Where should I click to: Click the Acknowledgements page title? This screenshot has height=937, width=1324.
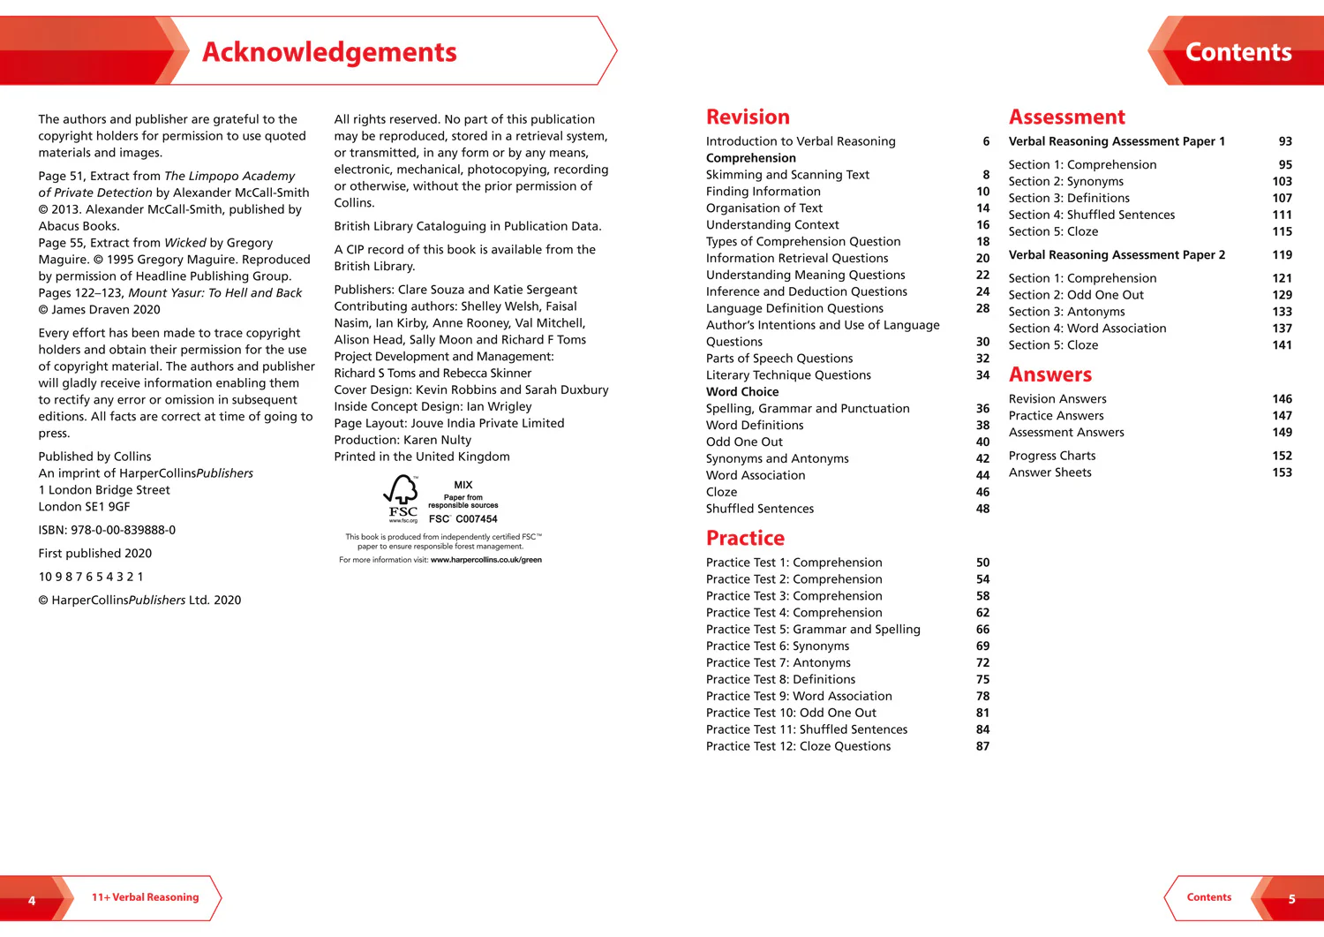329,52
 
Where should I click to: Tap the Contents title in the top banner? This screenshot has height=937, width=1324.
1237,52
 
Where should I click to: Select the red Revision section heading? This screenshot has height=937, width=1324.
748,117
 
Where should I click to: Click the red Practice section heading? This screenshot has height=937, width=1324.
745,539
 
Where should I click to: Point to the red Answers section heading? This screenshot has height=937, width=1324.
1049,375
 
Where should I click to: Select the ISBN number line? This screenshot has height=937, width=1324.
107,530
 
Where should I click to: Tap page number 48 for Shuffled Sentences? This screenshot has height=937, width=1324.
982,509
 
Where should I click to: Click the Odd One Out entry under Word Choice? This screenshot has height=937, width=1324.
744,442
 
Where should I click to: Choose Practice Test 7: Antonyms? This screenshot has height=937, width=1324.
778,662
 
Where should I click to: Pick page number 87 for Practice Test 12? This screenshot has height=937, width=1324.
982,746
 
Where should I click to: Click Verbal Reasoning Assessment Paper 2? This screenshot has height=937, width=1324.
1117,254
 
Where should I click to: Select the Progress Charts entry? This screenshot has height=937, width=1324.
1052,456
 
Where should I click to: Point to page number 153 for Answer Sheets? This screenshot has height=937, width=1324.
1282,472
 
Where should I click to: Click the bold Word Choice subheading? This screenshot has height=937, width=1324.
742,391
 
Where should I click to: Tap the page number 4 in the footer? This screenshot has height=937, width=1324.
32,900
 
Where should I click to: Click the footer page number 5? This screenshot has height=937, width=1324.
1291,899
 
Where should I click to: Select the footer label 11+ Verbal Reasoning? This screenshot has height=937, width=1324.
146,897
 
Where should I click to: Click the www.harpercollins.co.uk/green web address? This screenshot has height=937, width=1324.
486,560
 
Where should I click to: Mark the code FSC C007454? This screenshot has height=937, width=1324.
463,519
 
